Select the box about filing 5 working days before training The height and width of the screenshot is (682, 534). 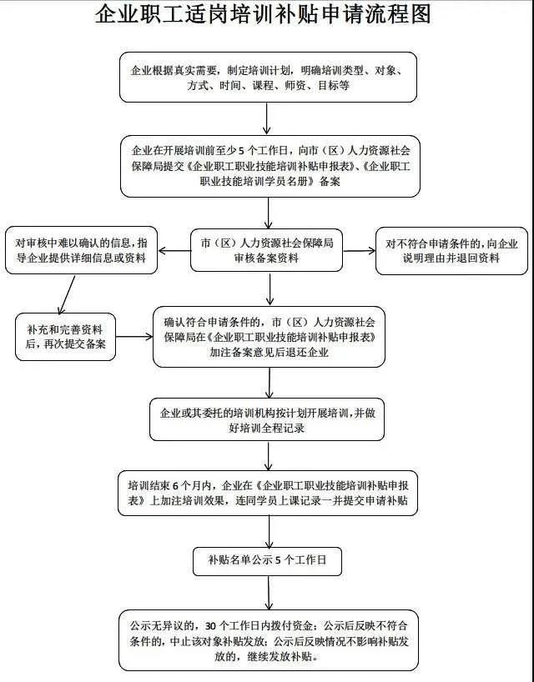[267, 166]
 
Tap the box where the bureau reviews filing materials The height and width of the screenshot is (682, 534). [267, 250]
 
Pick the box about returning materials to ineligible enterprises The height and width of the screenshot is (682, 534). [451, 250]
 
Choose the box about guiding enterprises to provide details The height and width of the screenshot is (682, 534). [82, 250]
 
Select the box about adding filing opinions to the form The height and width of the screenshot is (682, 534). [270, 337]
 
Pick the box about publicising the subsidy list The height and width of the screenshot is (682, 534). [267, 562]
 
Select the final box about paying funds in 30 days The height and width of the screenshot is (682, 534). [267, 640]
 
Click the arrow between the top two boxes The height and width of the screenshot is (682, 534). [267, 118]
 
